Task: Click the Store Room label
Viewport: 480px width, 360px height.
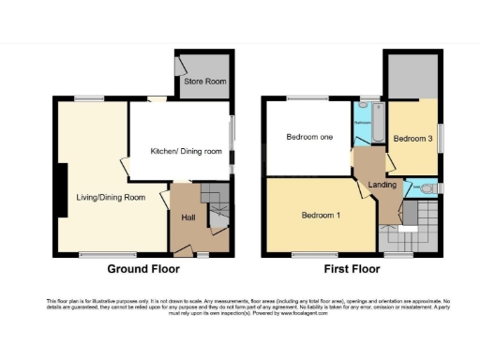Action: point(205,82)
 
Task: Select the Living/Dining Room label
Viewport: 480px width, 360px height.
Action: point(112,198)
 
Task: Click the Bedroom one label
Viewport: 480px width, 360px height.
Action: point(309,139)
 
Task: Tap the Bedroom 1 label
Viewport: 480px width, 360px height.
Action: point(321,217)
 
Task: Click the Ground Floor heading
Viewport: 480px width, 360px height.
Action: point(142,269)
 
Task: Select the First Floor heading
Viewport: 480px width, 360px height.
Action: point(351,269)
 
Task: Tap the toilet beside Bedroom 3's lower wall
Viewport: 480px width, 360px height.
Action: point(428,188)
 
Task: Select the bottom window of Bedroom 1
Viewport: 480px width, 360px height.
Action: point(304,254)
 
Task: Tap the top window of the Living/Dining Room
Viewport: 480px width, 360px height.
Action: point(90,98)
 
